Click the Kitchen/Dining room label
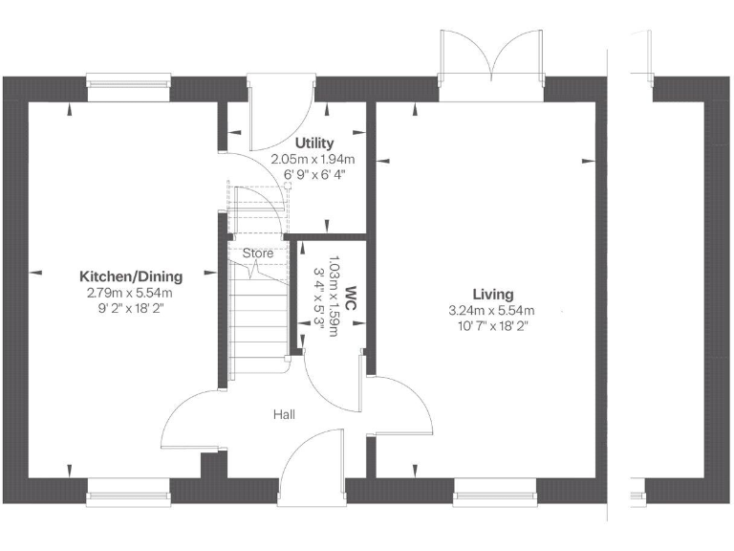[x=130, y=276]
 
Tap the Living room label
[x=491, y=295]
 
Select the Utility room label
[x=313, y=143]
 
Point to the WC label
[x=351, y=292]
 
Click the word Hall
[x=284, y=414]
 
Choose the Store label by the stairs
[x=258, y=253]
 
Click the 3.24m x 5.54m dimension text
[x=491, y=311]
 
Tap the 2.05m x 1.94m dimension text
[x=313, y=160]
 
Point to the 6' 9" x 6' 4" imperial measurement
[x=313, y=175]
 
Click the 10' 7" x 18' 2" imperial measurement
[x=491, y=326]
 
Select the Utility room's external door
[x=277, y=113]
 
